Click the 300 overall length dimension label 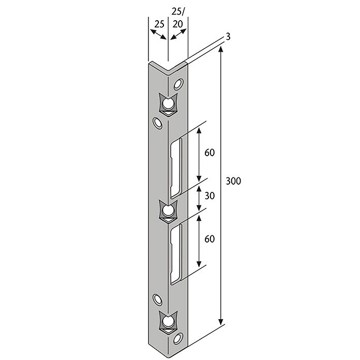233,181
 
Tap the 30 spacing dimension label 209,196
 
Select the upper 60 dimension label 209,153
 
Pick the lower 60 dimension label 209,239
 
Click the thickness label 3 228,37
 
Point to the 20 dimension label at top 177,24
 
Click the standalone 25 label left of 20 159,24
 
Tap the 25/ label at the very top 178,11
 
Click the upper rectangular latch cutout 176,168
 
